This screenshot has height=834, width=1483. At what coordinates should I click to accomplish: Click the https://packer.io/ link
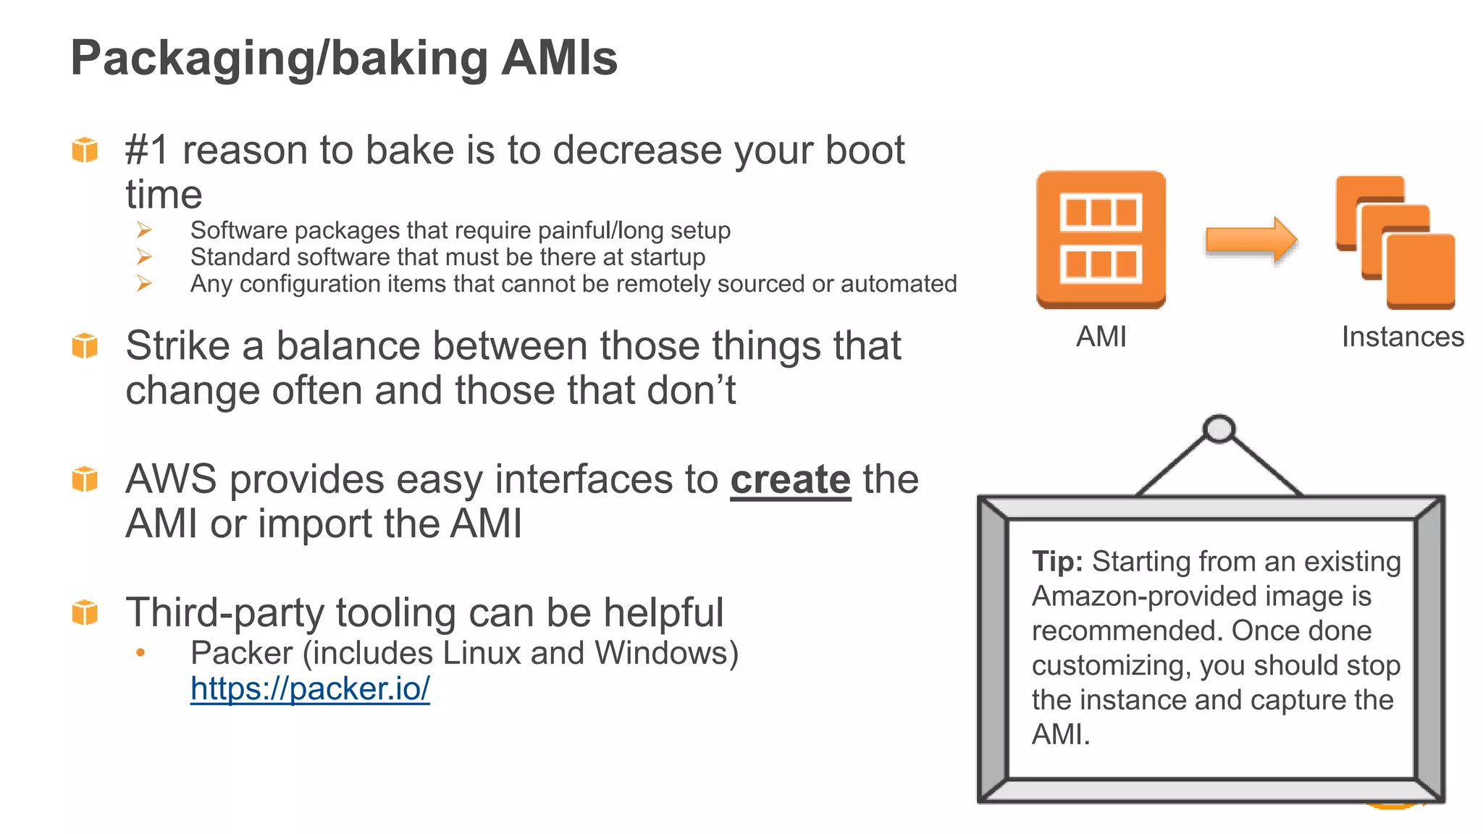310,688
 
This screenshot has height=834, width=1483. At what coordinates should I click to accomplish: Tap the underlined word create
790,480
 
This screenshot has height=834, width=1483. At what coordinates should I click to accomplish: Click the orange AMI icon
1101,240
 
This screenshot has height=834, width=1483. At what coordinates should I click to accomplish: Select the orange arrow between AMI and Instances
1251,240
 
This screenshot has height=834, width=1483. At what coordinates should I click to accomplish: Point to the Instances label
1402,337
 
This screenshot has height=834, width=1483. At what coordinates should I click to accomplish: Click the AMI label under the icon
1101,337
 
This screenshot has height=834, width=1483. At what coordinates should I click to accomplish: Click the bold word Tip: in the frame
1057,562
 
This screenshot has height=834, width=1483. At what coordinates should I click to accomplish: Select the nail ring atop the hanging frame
1219,429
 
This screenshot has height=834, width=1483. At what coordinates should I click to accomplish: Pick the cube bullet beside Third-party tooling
85,612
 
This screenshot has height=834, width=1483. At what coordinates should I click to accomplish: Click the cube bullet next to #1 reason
85,150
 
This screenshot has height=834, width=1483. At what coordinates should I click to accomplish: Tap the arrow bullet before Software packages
144,230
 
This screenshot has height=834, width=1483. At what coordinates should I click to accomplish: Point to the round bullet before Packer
140,653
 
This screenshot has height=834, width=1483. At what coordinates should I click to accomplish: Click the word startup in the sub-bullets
666,257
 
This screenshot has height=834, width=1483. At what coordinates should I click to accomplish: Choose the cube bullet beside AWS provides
85,479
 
